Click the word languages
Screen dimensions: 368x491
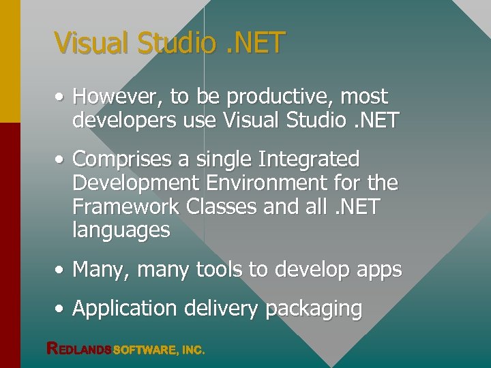(x=121, y=230)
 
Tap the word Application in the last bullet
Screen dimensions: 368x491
(x=125, y=309)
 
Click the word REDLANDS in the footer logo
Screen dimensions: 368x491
(x=78, y=349)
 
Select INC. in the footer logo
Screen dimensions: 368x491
(x=192, y=350)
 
